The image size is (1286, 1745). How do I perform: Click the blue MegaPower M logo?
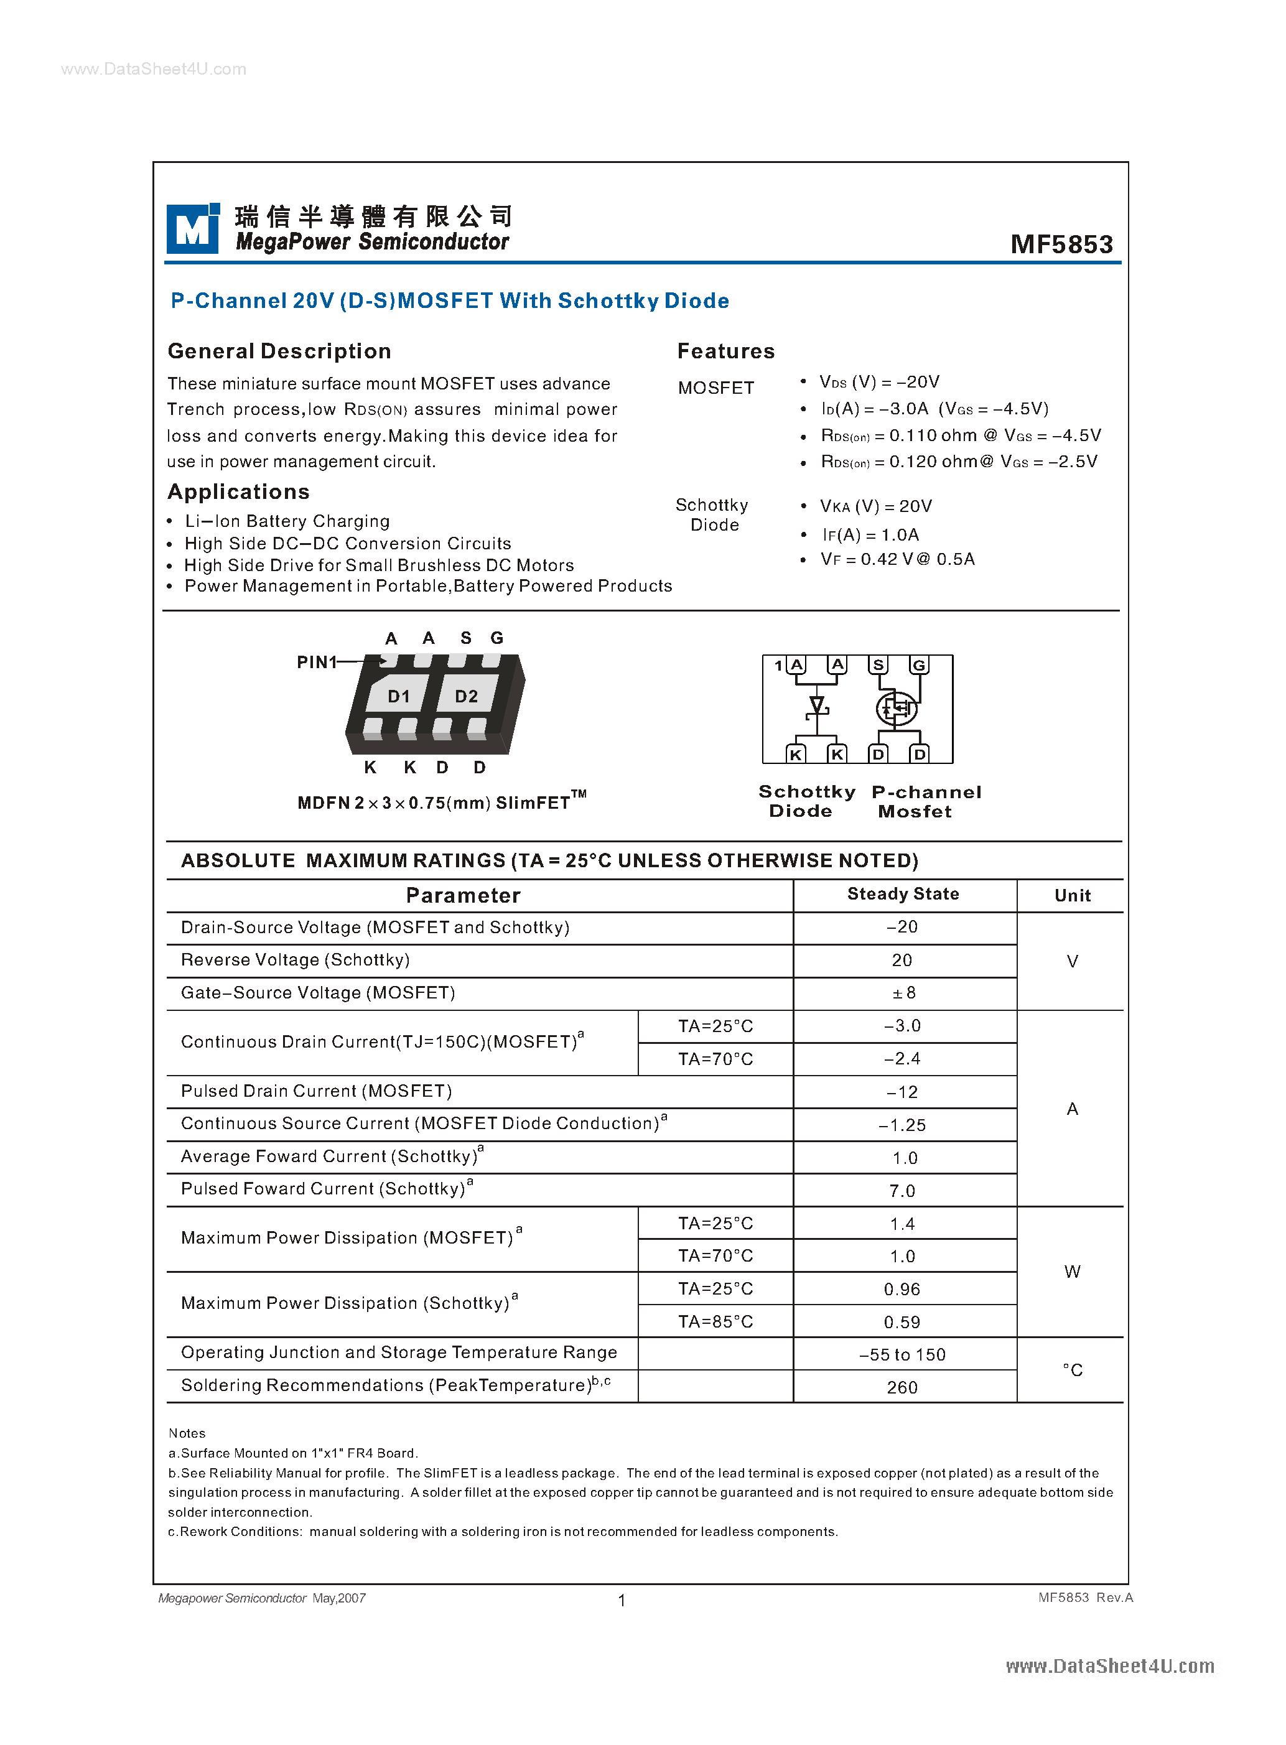(x=192, y=229)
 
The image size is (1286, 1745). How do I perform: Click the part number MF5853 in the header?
(x=1061, y=244)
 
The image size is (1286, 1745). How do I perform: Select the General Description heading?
(x=279, y=351)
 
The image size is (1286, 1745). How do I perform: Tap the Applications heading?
(x=239, y=492)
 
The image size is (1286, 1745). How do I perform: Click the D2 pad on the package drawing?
(x=466, y=696)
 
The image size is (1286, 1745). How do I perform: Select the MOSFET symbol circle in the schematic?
(x=896, y=709)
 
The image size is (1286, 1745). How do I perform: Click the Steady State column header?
(x=903, y=895)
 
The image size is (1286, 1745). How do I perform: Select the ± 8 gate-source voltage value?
(x=903, y=993)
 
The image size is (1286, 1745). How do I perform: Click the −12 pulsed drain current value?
(x=903, y=1092)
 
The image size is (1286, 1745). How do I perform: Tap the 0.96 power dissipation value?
(x=902, y=1290)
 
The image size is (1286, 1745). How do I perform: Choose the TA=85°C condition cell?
(x=715, y=1321)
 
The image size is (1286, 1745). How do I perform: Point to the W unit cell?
(x=1072, y=1272)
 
